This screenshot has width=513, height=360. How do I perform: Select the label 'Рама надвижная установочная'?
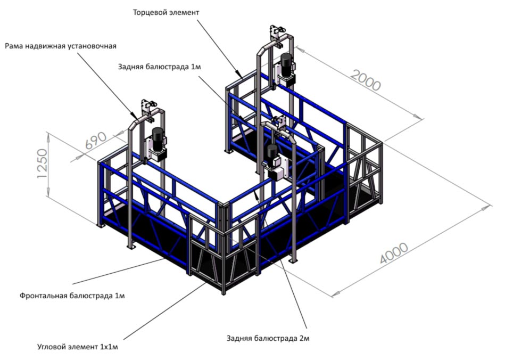tap(61, 46)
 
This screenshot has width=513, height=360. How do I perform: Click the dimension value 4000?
tap(394, 253)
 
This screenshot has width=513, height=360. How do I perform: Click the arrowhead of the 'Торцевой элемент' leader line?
tap(243, 77)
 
